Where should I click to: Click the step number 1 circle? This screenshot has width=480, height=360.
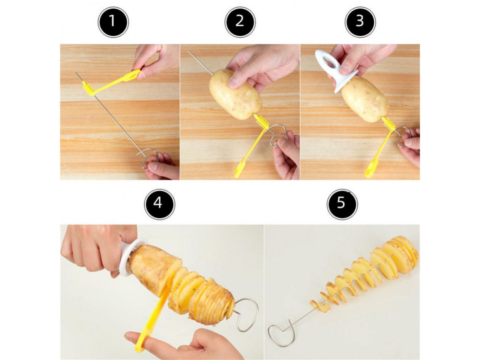(x=113, y=22)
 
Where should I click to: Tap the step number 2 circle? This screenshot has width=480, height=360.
(x=240, y=22)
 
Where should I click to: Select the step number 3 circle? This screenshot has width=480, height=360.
(x=360, y=22)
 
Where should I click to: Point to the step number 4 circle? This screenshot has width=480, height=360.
(x=159, y=204)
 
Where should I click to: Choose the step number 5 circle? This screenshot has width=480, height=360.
(x=342, y=204)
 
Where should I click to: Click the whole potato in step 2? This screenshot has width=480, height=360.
(x=235, y=94)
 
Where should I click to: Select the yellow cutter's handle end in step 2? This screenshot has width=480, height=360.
(x=237, y=174)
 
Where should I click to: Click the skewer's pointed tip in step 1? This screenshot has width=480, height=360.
(x=76, y=73)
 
